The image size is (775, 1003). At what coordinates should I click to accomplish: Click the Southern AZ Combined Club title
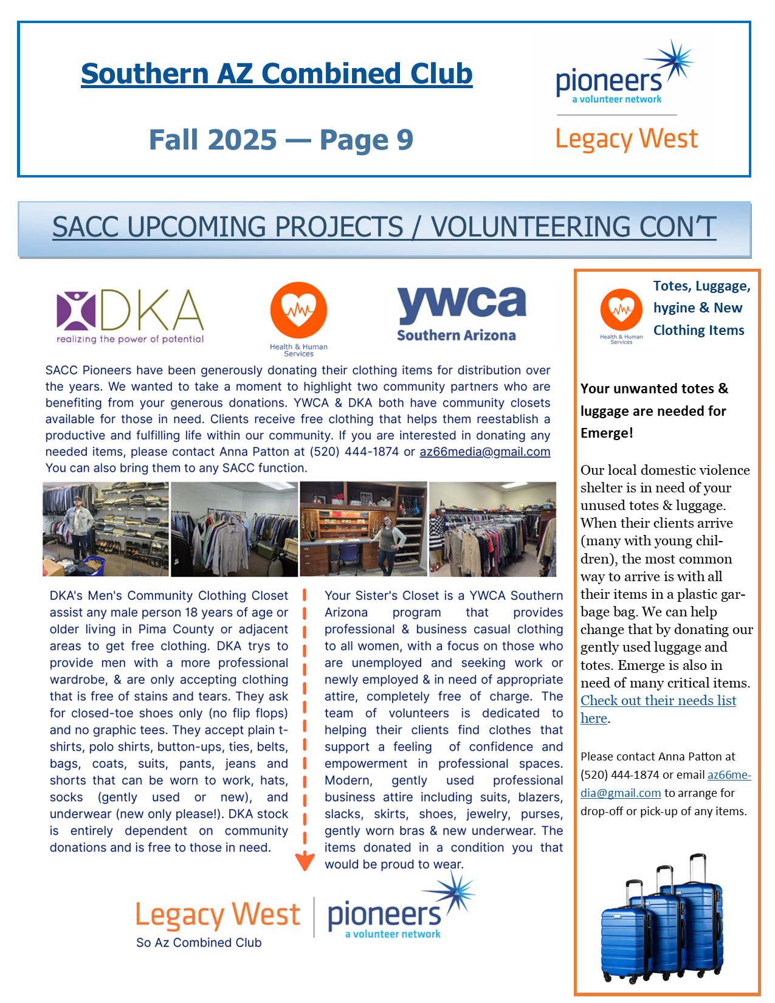coord(277,74)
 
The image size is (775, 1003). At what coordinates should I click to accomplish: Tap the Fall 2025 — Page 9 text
coord(281,140)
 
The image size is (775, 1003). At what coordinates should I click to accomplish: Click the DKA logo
coord(130,316)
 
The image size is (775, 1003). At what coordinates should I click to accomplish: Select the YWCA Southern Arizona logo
coord(461,314)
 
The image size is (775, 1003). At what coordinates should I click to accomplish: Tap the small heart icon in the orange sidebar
coord(621,310)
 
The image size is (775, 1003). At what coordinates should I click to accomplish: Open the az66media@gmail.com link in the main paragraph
coord(484,452)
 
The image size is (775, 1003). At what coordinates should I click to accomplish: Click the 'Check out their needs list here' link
coord(658,701)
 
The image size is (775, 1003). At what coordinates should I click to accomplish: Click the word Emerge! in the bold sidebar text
coord(607,433)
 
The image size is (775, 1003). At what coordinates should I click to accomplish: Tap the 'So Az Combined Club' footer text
coord(199,943)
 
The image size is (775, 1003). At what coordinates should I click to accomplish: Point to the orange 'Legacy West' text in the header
coord(626,140)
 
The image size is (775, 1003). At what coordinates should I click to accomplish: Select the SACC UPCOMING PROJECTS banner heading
coord(384,227)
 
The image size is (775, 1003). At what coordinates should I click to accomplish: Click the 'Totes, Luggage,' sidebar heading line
coord(701,286)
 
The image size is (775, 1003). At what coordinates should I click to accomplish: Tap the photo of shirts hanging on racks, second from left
coord(234,529)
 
